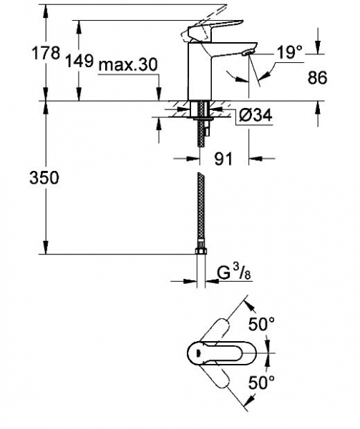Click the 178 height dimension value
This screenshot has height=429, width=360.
point(46,53)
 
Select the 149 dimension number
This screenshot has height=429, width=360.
point(79,61)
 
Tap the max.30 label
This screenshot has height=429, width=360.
point(128,65)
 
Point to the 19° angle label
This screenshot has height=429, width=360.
point(289,51)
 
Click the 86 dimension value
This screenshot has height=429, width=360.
point(317,78)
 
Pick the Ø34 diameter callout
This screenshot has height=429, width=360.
point(255,115)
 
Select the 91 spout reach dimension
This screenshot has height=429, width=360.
point(223,159)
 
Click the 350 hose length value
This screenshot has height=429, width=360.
point(44,177)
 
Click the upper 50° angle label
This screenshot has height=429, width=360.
point(261,324)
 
